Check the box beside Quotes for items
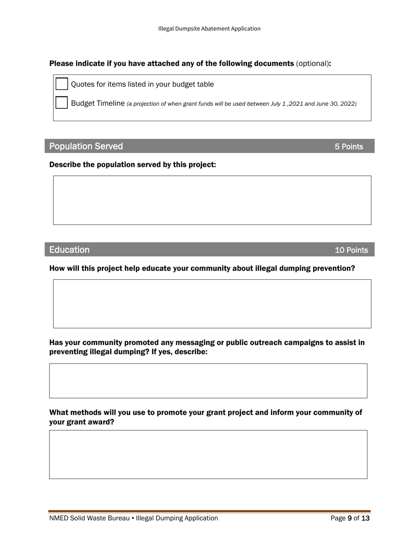click(x=62, y=84)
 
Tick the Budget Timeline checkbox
click(x=62, y=103)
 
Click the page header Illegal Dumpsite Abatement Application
click(x=209, y=29)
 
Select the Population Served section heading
click(x=86, y=146)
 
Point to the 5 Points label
click(x=348, y=147)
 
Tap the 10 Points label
click(x=351, y=250)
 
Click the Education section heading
click(x=69, y=250)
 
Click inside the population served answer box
click(x=212, y=200)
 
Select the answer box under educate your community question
click(x=212, y=304)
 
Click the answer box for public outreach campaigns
click(x=208, y=381)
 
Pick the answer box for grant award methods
click(x=208, y=454)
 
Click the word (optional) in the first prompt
click(x=312, y=63)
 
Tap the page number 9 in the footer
click(x=350, y=519)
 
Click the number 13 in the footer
click(x=365, y=519)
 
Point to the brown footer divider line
click(x=209, y=511)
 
